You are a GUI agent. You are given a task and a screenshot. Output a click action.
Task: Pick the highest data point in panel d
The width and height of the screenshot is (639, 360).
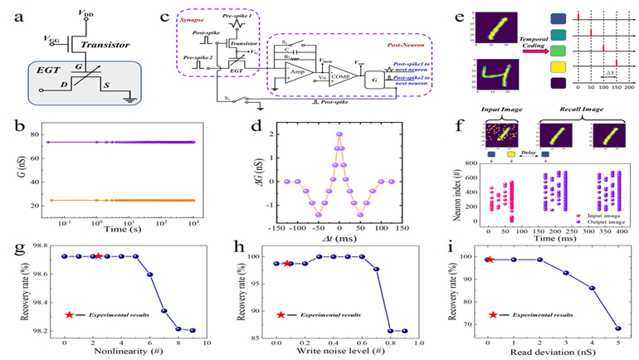[339, 135]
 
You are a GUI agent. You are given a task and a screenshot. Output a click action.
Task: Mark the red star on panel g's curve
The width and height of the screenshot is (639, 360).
[99, 255]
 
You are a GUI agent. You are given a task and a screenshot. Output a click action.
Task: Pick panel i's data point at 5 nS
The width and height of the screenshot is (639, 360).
[617, 328]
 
